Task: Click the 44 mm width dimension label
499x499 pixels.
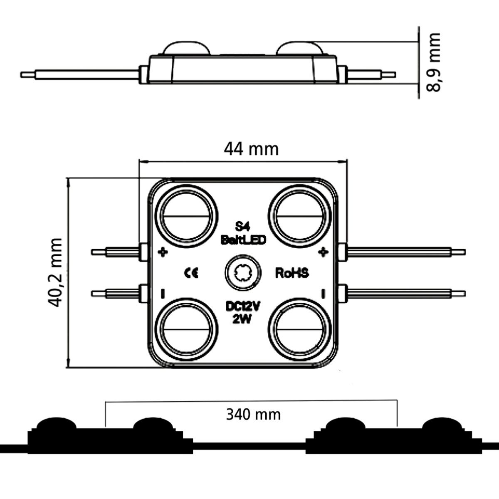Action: pos(251,148)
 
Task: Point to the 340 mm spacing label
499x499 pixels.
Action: pos(253,414)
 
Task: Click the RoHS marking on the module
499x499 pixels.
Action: pos(292,273)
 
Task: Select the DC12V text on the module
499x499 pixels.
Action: pos(243,306)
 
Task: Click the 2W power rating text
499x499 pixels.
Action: pos(243,319)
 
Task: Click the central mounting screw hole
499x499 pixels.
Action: pos(243,273)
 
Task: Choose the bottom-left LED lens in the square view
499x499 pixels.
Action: pos(189,329)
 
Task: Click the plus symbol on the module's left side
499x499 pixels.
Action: pos(163,252)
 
